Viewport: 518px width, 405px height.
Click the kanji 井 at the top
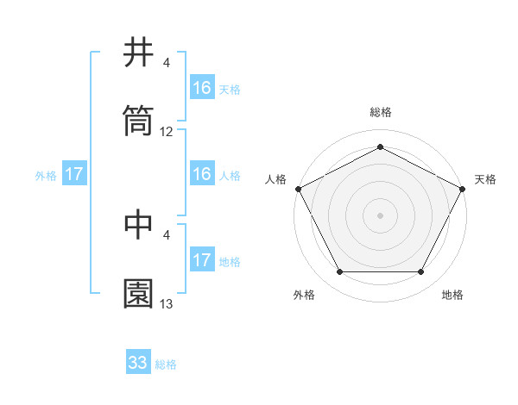click(x=139, y=53)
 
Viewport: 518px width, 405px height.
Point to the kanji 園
click(x=139, y=293)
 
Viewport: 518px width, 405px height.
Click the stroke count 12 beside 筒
click(x=167, y=132)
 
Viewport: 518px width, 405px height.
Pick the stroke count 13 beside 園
click(x=167, y=304)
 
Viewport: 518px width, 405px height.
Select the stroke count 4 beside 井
click(x=167, y=63)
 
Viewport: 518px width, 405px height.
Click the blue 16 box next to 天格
click(x=202, y=88)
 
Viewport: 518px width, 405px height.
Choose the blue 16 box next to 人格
click(x=202, y=175)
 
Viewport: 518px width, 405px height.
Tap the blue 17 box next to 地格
click(x=202, y=260)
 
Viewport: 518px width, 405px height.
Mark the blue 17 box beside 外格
click(x=74, y=175)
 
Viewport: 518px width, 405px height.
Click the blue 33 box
click(x=138, y=363)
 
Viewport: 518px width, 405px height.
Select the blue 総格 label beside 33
click(x=166, y=364)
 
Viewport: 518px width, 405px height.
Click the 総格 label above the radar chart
click(x=381, y=112)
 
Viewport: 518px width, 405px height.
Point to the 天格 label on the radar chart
click(x=485, y=179)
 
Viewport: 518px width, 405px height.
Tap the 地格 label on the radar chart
click(x=452, y=295)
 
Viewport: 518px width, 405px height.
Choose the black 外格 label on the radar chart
click(x=304, y=295)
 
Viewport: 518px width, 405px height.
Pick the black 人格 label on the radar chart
click(x=276, y=179)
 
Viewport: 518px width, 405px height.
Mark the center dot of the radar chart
click(x=381, y=215)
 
